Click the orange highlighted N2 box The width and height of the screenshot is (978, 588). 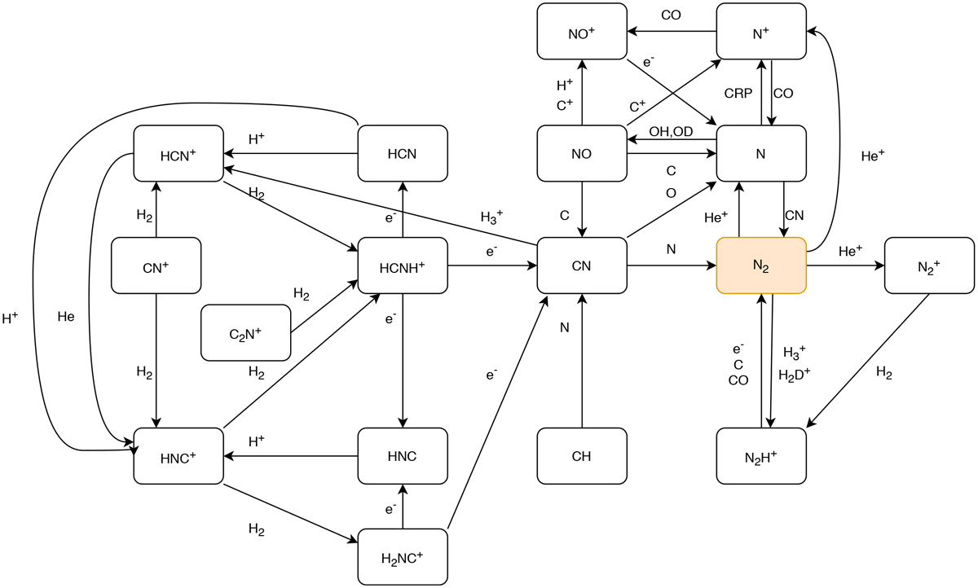(761, 265)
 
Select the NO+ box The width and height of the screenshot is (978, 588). (582, 31)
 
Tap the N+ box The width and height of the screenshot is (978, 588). (761, 31)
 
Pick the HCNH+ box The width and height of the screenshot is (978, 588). (403, 265)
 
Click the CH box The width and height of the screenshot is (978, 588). (582, 454)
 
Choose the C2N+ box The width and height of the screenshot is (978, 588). (245, 332)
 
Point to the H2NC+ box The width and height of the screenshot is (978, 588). (403, 557)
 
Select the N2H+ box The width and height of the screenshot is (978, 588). (761, 454)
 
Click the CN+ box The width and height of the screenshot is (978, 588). (156, 265)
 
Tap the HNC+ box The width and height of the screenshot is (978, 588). (178, 454)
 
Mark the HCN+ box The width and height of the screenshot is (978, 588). (178, 153)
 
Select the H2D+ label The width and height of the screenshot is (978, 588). (795, 375)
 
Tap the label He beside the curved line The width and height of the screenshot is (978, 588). (66, 316)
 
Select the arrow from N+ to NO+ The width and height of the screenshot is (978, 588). (672, 31)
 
